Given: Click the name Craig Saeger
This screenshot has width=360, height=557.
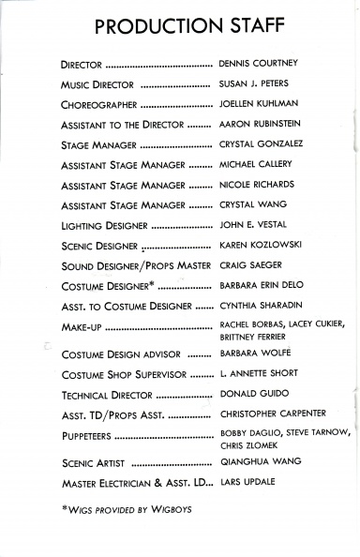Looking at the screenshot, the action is (x=250, y=265).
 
